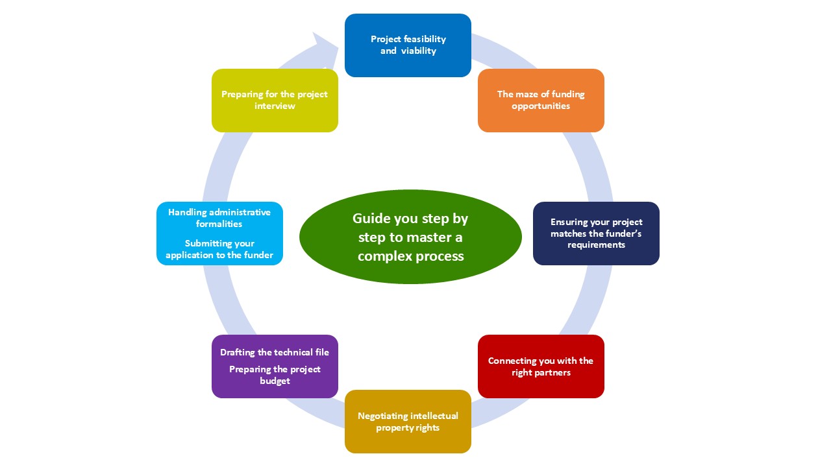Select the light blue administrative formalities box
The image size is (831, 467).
[x=219, y=233]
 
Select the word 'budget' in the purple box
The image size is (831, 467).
[x=275, y=381]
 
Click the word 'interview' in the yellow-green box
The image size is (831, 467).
[x=275, y=106]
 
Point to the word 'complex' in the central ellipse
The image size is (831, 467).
[x=384, y=256]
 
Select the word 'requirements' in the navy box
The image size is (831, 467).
[x=596, y=245]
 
